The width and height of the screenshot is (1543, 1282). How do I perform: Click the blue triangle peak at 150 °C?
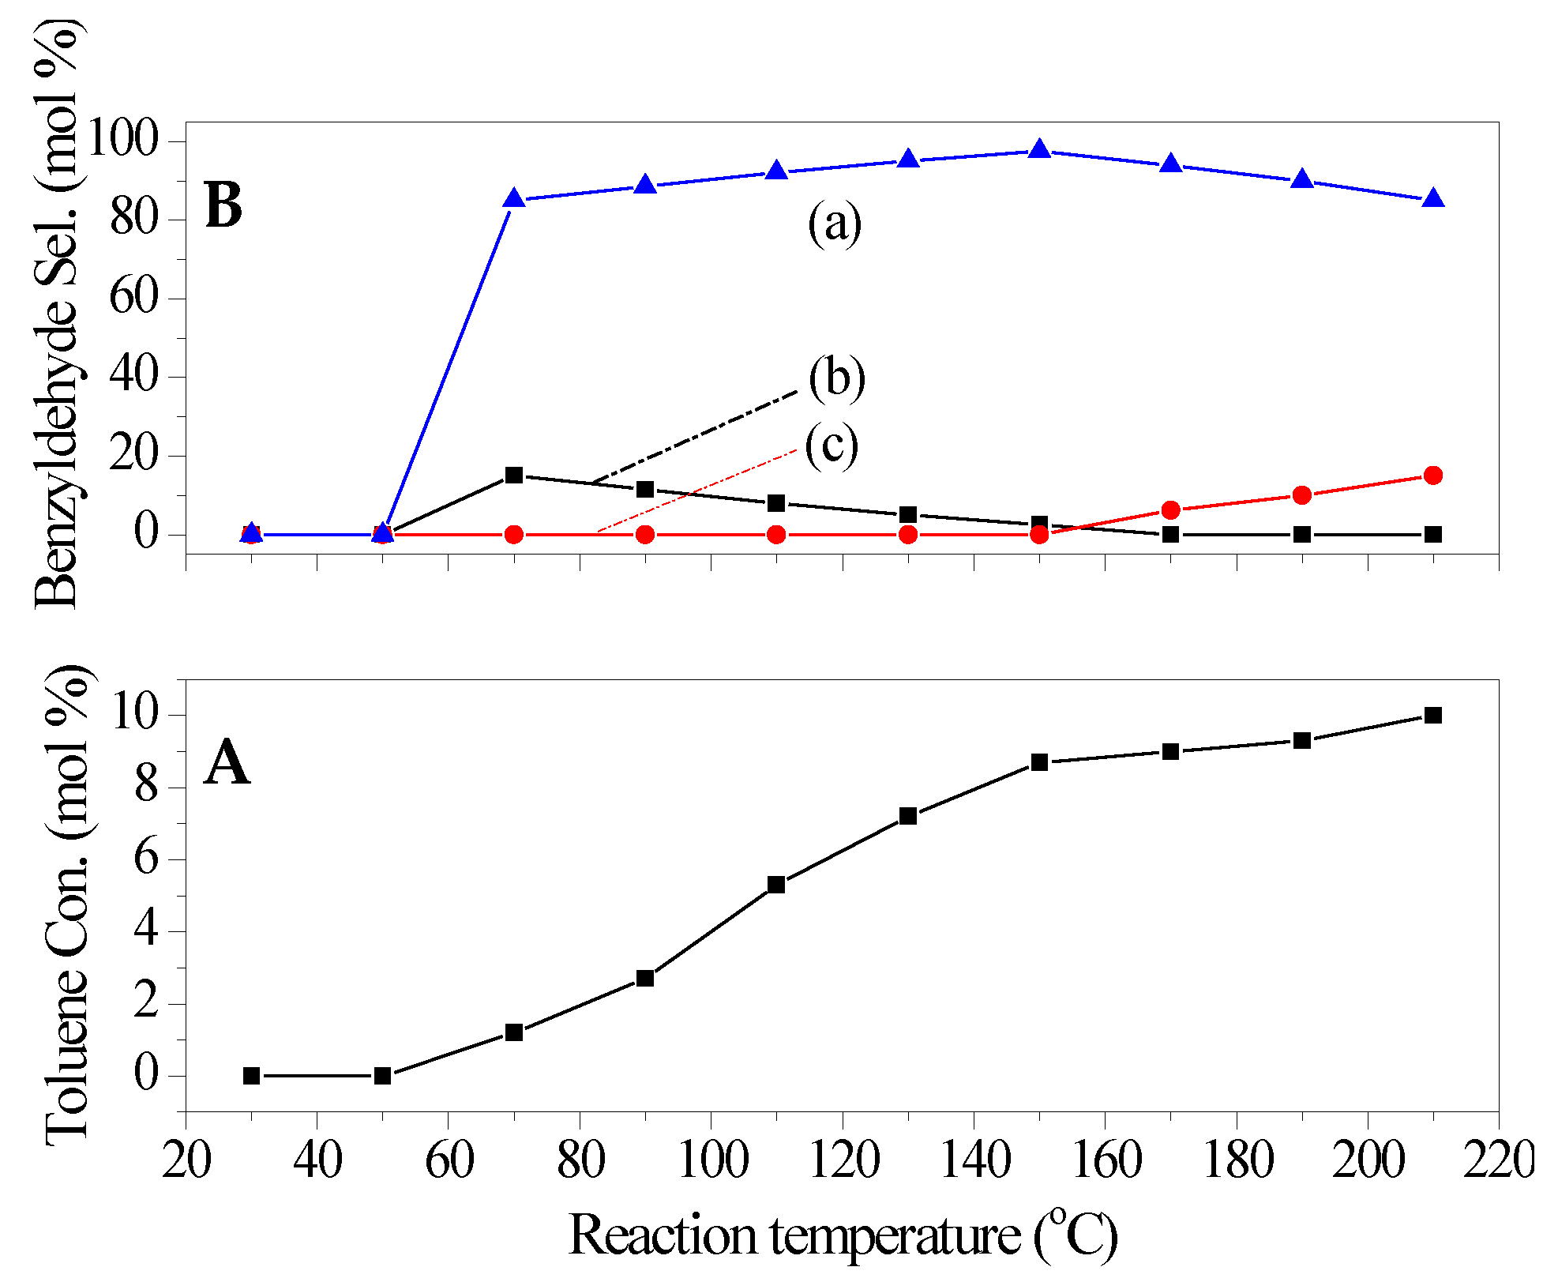tap(1039, 149)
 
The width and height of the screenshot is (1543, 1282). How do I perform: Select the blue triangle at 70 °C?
tap(514, 198)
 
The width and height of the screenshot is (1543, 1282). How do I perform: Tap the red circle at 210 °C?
tap(1432, 475)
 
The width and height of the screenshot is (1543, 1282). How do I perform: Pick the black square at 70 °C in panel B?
tap(514, 475)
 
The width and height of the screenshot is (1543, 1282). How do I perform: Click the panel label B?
tap(223, 205)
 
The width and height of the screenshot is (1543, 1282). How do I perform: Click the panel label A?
tap(227, 763)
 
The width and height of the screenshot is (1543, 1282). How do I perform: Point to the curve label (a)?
tap(834, 223)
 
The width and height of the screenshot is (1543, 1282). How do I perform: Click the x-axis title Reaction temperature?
tap(842, 1235)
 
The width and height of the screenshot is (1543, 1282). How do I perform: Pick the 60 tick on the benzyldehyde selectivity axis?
tap(134, 298)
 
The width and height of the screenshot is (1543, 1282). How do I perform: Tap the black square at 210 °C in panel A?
tap(1432, 715)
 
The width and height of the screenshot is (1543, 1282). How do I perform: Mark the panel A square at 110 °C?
tap(776, 885)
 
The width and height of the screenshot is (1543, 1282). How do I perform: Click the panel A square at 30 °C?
tap(251, 1076)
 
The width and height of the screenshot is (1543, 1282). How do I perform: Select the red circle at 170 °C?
tap(1170, 510)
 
